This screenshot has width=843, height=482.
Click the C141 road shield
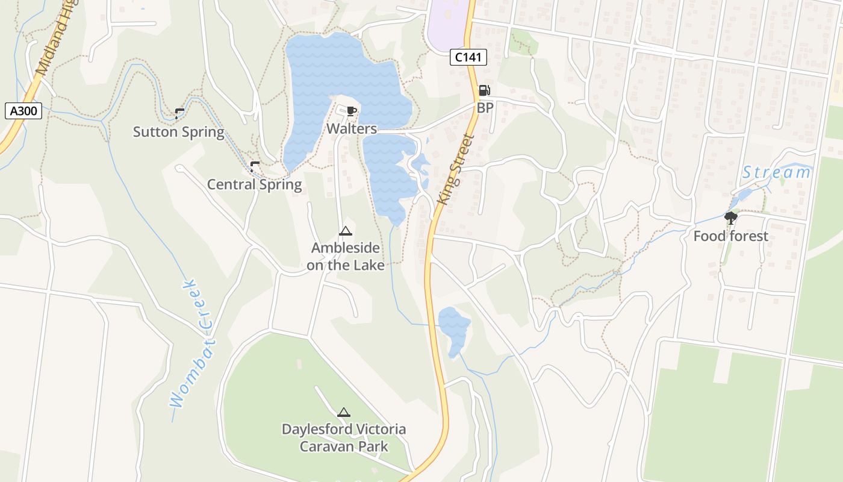[468, 58]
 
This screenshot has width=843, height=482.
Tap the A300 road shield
[23, 111]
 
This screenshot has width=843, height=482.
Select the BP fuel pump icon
[484, 91]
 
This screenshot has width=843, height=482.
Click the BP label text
[485, 108]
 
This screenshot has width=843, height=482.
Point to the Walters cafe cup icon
[352, 111]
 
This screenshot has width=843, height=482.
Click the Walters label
[352, 128]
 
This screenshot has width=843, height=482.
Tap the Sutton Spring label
[178, 132]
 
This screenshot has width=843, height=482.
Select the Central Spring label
[254, 184]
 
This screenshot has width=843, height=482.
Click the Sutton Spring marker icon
[179, 113]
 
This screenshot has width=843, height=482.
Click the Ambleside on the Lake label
[345, 256]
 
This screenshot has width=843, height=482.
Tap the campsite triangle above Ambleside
[345, 231]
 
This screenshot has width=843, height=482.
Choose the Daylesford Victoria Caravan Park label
[344, 438]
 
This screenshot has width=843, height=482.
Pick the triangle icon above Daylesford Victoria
[344, 413]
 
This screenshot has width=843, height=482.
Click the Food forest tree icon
[731, 218]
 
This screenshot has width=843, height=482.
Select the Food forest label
[731, 236]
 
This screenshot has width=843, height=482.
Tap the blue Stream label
[776, 173]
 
